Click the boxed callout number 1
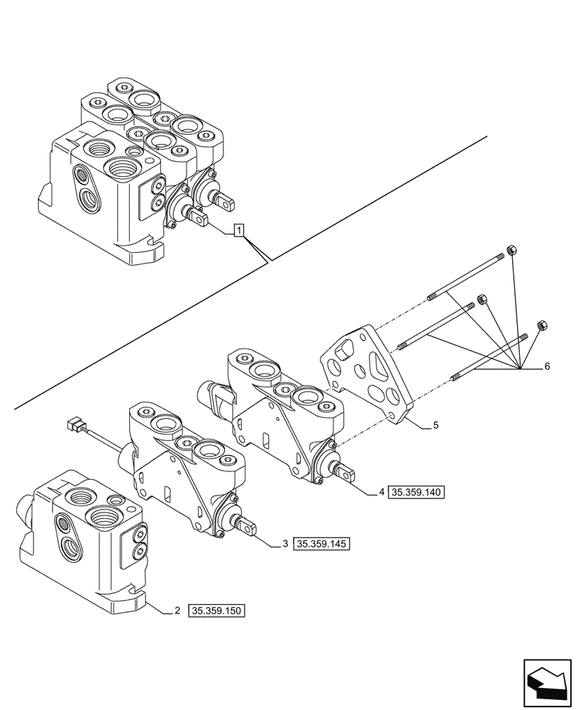coord(240,229)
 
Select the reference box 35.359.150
coord(216,611)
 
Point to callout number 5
coord(435,426)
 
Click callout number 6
coord(546,367)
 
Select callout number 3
coord(284,544)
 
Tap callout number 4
coord(381,491)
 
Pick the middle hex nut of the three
coord(482,300)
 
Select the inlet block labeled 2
coord(89,540)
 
